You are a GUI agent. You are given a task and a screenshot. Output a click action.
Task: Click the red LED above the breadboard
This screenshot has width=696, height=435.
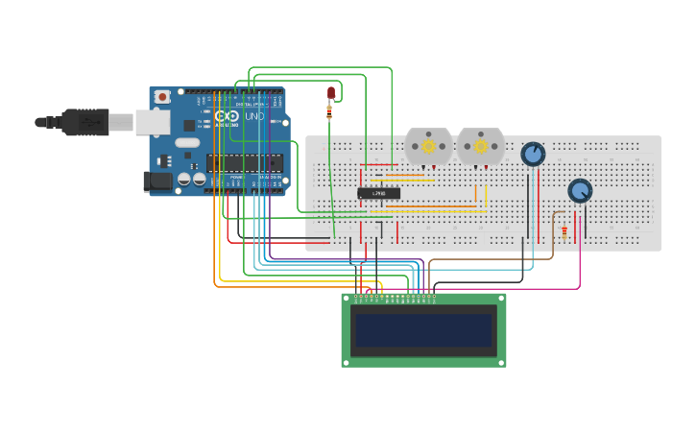[x=331, y=92]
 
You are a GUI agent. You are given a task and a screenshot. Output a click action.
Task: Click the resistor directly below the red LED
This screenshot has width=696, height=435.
[x=330, y=111]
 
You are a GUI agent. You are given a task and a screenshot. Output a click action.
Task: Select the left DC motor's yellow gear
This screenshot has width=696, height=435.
[x=428, y=146]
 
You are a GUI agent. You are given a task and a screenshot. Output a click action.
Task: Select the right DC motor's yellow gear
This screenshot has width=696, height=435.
[x=480, y=146]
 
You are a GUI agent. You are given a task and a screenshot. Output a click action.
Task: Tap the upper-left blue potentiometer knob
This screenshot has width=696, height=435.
[x=533, y=154]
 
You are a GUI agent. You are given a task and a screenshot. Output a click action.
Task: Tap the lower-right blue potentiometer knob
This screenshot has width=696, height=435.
[x=580, y=190]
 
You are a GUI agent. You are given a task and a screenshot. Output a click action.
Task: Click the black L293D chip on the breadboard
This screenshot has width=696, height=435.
[x=379, y=194]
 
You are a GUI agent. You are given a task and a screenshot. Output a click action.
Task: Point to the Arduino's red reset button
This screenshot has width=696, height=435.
[x=163, y=97]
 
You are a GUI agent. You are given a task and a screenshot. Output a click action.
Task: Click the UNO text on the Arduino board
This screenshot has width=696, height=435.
[x=254, y=116]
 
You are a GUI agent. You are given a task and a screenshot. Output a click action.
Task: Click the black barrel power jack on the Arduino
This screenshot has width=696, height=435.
[x=156, y=181]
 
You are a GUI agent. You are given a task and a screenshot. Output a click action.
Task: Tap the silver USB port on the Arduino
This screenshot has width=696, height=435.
[x=152, y=122]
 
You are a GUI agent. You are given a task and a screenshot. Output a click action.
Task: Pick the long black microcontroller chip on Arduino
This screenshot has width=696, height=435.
[x=245, y=162]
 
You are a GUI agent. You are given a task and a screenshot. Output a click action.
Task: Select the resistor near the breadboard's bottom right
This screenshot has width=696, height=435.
[x=564, y=230]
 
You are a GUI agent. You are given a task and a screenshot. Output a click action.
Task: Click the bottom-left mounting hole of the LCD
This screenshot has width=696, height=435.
[x=347, y=362]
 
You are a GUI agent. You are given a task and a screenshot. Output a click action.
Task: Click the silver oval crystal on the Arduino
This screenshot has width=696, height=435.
[x=188, y=143]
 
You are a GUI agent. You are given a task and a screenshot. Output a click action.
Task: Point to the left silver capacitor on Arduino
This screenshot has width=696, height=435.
[x=184, y=179]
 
